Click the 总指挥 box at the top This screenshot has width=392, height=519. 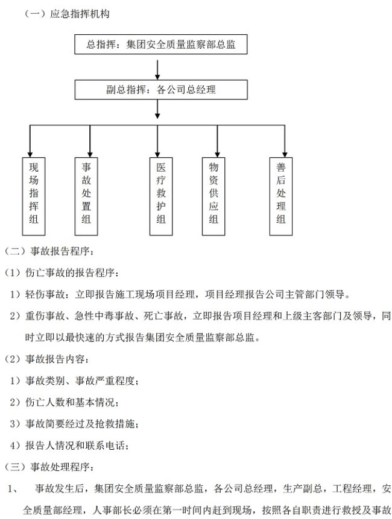(161, 44)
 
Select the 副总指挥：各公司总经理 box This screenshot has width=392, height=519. (161, 89)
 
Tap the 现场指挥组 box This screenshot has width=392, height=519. (34, 196)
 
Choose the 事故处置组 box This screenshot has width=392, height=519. (86, 196)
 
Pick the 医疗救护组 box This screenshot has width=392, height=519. (161, 196)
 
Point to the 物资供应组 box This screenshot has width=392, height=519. (213, 196)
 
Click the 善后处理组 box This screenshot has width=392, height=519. (281, 196)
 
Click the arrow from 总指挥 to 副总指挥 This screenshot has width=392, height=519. (157, 70)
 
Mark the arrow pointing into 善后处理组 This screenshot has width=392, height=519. (285, 141)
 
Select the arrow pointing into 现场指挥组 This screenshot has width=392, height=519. (30, 141)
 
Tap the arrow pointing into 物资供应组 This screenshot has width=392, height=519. (217, 141)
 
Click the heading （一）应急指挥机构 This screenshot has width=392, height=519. (67, 14)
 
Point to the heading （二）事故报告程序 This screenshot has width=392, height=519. (48, 251)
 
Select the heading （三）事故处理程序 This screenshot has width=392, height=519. (48, 467)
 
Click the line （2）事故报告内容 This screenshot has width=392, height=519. (46, 359)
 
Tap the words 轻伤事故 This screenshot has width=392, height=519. (45, 294)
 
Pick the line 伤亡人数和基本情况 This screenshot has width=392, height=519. (71, 402)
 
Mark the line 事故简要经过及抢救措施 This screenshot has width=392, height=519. (81, 424)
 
